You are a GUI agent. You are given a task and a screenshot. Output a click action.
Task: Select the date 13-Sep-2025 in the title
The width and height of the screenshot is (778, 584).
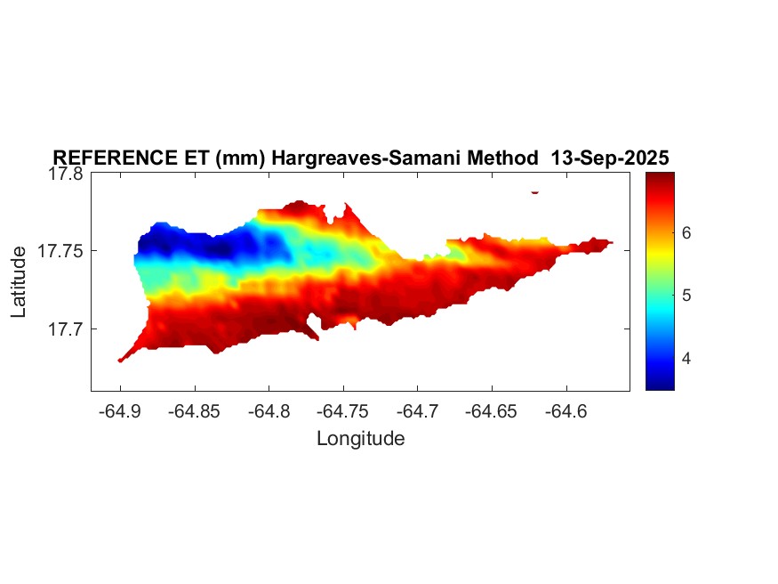610,158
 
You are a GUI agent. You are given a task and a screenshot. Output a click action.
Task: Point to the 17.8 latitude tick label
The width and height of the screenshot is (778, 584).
67,174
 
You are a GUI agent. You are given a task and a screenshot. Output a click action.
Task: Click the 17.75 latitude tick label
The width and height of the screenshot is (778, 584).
61,251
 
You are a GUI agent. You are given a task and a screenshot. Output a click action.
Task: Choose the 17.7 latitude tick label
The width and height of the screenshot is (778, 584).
67,328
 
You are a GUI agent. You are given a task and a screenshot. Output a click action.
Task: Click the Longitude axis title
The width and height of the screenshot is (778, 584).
360,438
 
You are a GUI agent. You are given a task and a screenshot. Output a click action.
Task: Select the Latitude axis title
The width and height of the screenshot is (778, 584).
20,283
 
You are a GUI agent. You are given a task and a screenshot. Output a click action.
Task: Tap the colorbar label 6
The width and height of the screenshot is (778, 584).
686,232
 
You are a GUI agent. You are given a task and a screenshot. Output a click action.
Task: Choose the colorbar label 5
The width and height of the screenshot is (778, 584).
686,296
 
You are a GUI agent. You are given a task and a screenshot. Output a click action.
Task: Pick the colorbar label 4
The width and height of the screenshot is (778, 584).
686,359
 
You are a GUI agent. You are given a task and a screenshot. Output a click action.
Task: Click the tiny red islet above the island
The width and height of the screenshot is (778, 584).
535,191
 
